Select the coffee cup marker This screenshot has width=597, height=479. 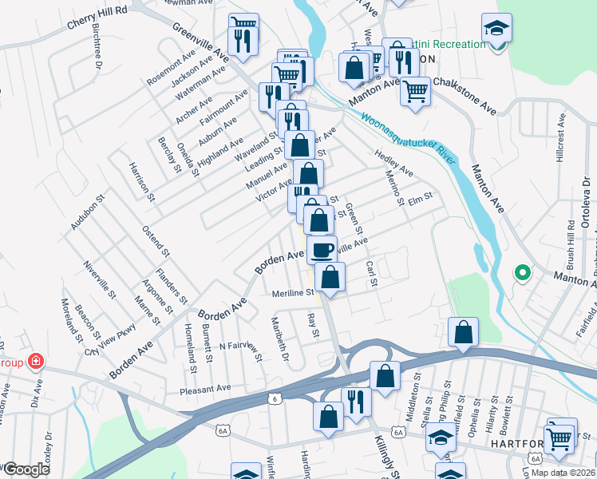click(322, 249)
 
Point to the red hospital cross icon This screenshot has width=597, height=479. click(34, 362)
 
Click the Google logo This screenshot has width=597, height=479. click(26, 469)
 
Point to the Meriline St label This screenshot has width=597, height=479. click(292, 293)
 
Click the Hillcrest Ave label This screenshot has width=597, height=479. click(561, 139)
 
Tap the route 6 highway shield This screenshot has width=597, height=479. click(275, 398)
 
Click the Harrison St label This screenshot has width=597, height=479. click(140, 181)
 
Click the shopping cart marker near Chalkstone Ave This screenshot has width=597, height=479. click(415, 91)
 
